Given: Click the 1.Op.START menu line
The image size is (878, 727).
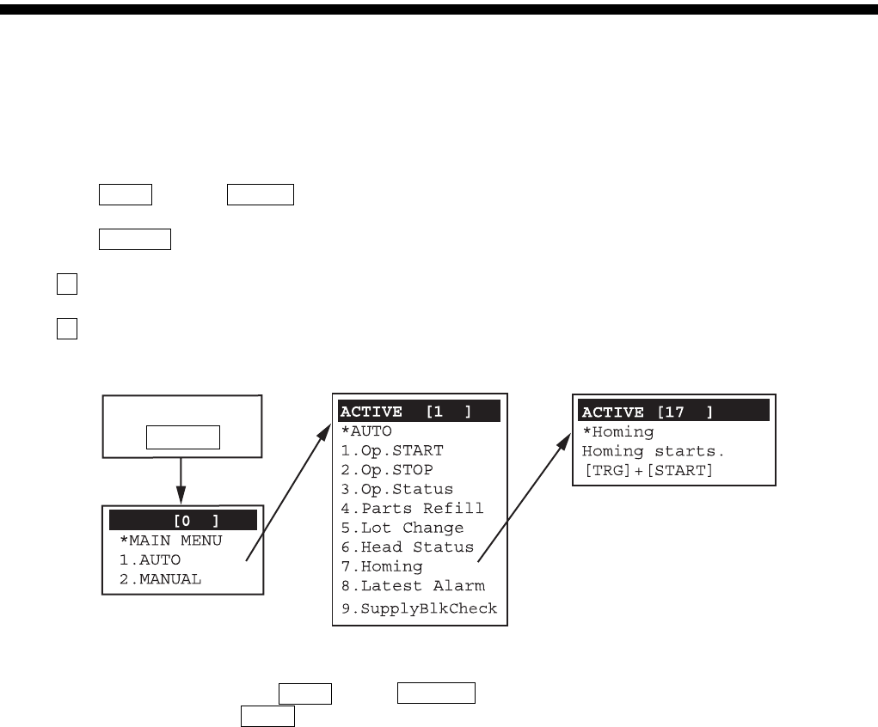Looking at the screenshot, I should point(391,449).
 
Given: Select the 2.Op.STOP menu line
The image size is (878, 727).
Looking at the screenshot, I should point(386,469).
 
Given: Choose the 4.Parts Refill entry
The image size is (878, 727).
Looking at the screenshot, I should point(409,508).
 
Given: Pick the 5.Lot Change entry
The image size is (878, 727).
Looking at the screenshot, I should point(400,528).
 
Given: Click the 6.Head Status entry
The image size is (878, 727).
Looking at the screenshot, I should point(405,547).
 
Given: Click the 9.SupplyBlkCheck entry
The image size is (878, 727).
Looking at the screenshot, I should point(416,608).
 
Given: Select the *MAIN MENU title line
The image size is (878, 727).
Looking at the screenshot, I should point(170,541).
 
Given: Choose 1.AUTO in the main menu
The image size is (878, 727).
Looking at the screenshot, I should point(150,559).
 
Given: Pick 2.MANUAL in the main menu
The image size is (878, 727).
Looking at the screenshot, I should point(160,578).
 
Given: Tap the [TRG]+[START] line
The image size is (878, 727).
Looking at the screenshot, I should point(647,470).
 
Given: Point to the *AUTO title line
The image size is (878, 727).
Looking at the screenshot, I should point(366,430).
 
